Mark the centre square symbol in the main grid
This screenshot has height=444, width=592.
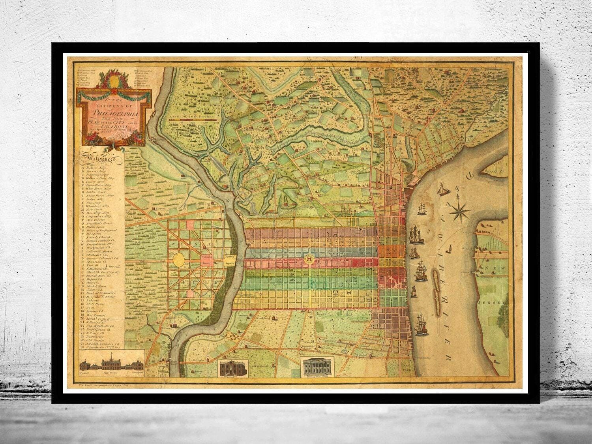tap(309, 259)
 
